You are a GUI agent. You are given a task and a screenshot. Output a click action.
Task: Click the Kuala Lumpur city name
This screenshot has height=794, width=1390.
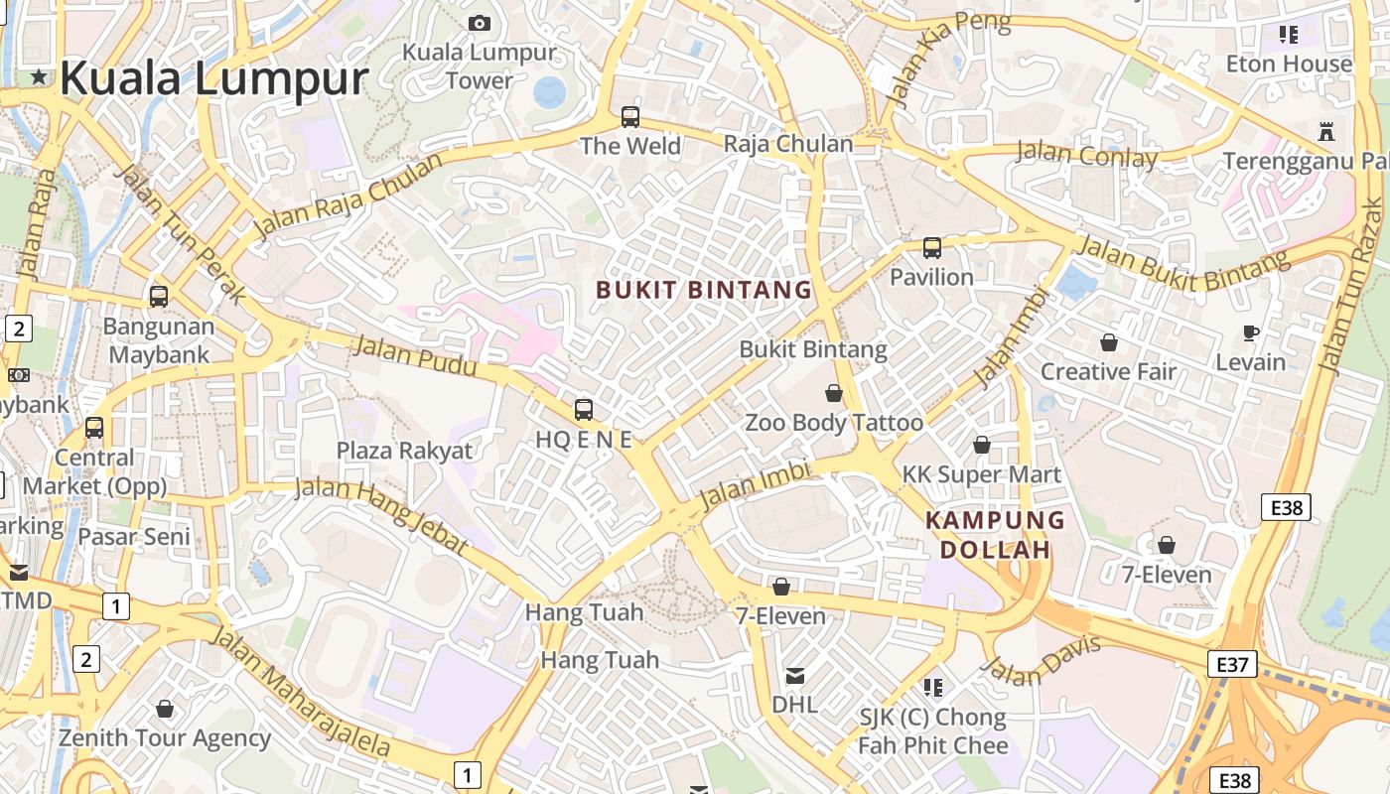coord(213,77)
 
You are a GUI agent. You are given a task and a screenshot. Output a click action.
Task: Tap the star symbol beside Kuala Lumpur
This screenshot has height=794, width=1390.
coord(39,76)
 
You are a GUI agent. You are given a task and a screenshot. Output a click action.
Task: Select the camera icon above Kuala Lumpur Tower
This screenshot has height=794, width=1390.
coord(480,23)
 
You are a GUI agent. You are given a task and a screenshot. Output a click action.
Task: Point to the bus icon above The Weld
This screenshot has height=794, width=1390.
coord(630,117)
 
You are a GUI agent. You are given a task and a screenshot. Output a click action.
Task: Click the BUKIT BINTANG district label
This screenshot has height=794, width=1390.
coord(704,290)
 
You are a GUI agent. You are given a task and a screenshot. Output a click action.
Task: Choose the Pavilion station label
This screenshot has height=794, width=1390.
coord(931,276)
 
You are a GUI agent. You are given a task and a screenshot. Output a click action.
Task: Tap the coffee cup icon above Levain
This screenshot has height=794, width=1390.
coord(1251,332)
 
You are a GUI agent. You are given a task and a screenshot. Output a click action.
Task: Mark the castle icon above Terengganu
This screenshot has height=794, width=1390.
coord(1325,130)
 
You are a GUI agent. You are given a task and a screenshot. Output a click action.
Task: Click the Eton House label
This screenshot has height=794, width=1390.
coord(1289,64)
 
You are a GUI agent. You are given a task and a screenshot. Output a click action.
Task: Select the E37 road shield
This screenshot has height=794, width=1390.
coord(1232,664)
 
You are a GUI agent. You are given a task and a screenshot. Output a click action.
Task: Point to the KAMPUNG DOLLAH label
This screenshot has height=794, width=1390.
coord(995,534)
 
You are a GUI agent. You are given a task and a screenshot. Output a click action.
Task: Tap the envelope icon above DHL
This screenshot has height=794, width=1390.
coord(794,676)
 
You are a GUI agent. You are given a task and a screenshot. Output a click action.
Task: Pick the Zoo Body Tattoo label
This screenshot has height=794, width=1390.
coord(834,422)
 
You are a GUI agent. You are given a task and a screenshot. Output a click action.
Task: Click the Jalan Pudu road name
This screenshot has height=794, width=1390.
coord(414,356)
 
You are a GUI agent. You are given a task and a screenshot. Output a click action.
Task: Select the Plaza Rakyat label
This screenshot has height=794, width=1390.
coord(404,450)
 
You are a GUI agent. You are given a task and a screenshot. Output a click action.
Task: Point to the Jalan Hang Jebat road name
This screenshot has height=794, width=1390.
coord(381,516)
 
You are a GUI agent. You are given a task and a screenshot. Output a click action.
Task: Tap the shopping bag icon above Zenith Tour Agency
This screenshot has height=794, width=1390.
coord(165,709)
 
